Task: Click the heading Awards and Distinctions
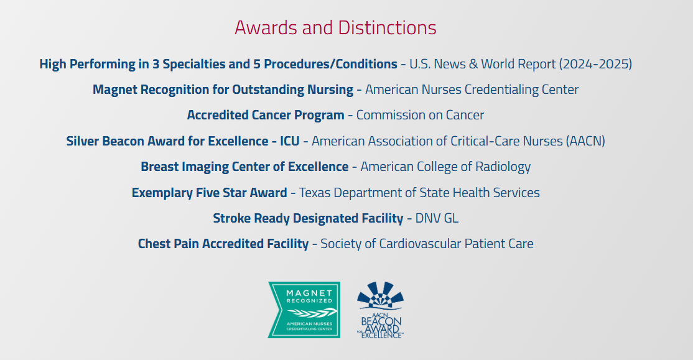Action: pyautogui.click(x=335, y=28)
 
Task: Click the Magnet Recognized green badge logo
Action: pyautogui.click(x=304, y=310)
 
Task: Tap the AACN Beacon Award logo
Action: pyautogui.click(x=381, y=310)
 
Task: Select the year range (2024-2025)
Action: pyautogui.click(x=595, y=64)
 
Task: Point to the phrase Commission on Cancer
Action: pyautogui.click(x=420, y=115)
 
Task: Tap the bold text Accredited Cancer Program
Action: pyautogui.click(x=266, y=115)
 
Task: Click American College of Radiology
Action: pyautogui.click(x=445, y=167)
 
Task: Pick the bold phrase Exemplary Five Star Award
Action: pyautogui.click(x=209, y=193)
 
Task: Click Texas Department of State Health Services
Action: pyautogui.click(x=419, y=193)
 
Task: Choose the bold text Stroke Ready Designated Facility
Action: pyautogui.click(x=308, y=218)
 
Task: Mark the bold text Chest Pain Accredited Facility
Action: pyautogui.click(x=223, y=244)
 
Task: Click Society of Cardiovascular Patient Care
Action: pyautogui.click(x=427, y=244)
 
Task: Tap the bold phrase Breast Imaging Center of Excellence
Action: pyautogui.click(x=244, y=167)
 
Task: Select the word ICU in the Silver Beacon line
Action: pyautogui.click(x=289, y=141)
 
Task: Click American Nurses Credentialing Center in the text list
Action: pyautogui.click(x=472, y=90)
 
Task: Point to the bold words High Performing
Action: pyautogui.click(x=81, y=64)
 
